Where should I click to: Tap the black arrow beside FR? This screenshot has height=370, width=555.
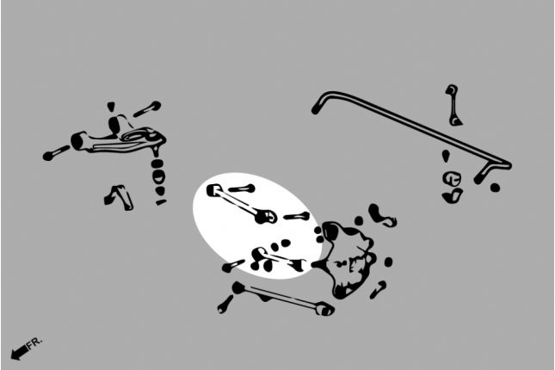20,352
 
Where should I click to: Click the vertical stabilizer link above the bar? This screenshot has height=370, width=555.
453,105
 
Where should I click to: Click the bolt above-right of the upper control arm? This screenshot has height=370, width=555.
147,108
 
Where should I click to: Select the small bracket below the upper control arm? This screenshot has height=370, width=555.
119,197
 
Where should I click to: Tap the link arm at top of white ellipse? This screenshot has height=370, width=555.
241,204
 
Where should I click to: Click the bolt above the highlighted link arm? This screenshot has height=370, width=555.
242,188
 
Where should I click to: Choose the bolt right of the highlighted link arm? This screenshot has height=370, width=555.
297,216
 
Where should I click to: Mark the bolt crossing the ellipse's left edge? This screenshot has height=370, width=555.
233,266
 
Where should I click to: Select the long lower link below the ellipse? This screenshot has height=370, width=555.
283,298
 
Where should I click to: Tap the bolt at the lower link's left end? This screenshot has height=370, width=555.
225,305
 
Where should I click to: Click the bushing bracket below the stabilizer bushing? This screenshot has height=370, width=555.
452,196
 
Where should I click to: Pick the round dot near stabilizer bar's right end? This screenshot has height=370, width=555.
495,188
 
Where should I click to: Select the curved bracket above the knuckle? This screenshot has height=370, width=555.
381,215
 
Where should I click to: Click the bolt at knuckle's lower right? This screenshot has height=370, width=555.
378,290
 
